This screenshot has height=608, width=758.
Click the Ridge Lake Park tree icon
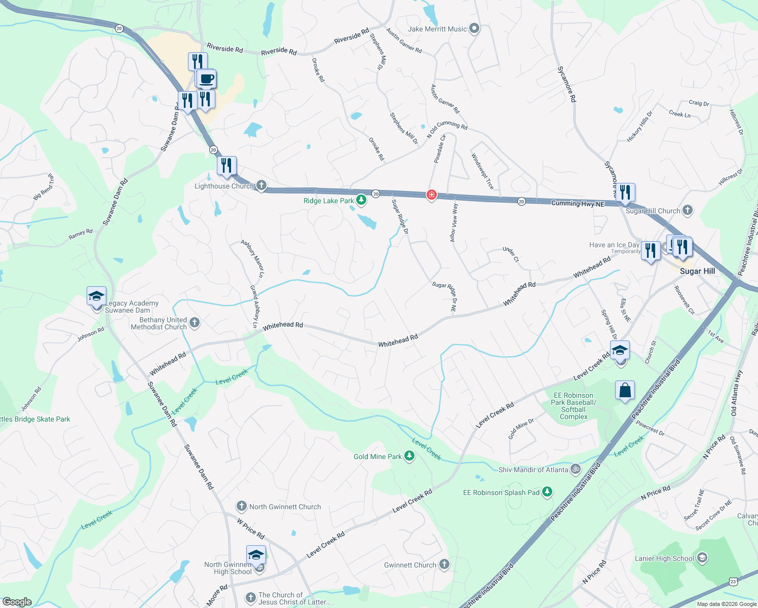point(361,201)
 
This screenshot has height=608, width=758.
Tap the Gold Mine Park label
point(377,457)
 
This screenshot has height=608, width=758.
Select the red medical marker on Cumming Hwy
point(431,195)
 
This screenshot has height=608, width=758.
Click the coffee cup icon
point(206,80)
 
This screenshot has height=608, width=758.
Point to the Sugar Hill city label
point(697,271)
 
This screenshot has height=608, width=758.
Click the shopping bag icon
point(625,391)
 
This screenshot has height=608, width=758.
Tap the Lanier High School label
point(664,558)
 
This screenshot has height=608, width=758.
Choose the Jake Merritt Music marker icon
point(474,29)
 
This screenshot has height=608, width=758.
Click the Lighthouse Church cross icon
point(261,185)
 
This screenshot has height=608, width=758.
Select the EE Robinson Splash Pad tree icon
point(547,492)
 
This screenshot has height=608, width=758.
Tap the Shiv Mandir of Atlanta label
point(533,470)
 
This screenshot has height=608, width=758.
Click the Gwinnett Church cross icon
point(444,564)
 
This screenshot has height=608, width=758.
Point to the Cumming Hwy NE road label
point(578,203)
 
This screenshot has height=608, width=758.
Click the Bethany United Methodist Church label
point(159,323)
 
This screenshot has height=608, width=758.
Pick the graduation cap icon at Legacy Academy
point(96,296)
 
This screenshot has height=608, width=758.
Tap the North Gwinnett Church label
point(285,507)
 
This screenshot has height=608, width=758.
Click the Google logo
point(17,602)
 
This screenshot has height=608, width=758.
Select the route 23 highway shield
point(733,582)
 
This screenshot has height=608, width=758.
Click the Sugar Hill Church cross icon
point(688,210)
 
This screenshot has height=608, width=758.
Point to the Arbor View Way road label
point(454,222)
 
